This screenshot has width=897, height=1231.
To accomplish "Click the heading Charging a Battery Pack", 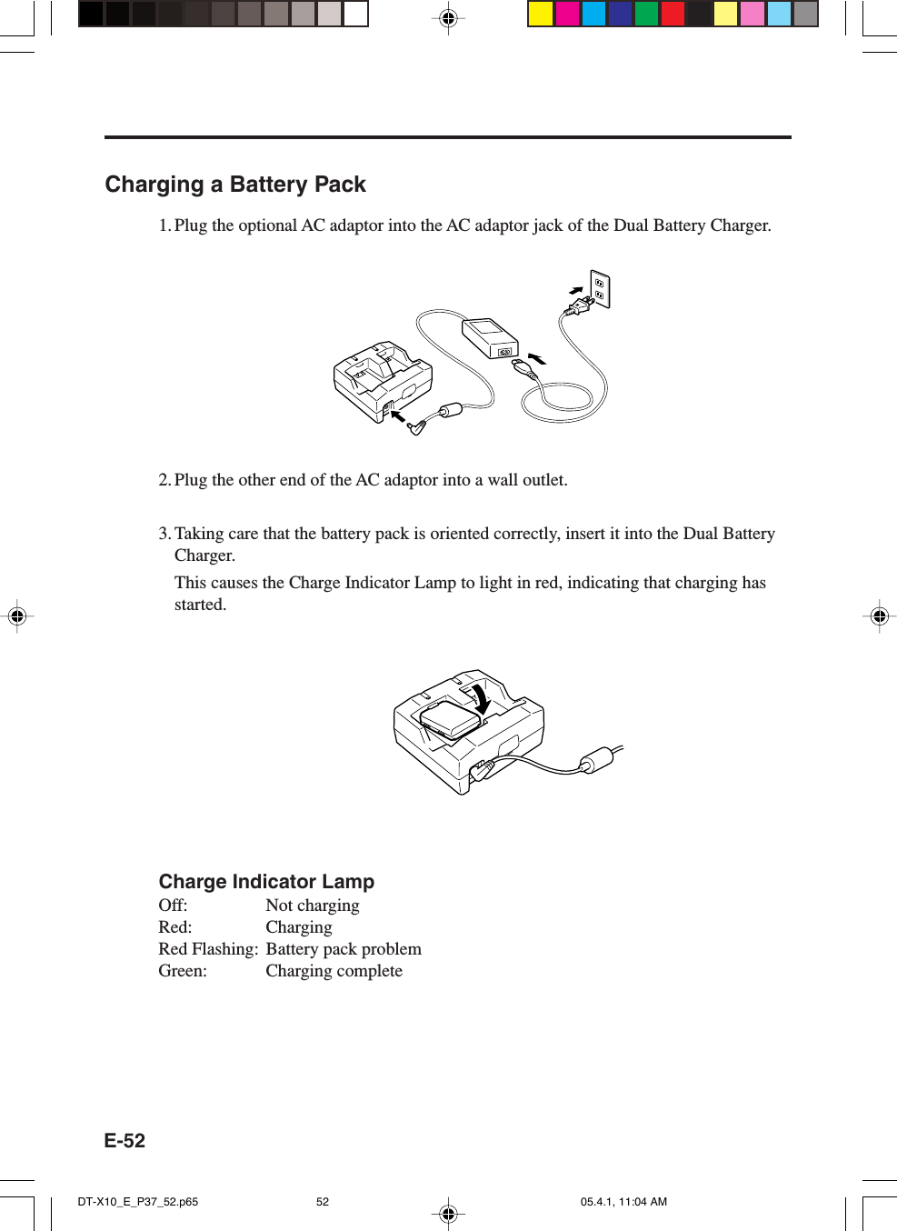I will (235, 185).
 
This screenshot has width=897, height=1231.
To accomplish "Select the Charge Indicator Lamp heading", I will (266, 882).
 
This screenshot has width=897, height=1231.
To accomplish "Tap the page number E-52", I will (125, 1141).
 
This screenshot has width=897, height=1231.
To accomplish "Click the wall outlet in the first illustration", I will (600, 288).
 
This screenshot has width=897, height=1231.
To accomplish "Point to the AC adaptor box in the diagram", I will (490, 338).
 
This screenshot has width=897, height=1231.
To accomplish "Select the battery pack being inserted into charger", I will (450, 719).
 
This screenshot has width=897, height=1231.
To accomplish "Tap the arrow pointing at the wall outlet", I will (575, 290).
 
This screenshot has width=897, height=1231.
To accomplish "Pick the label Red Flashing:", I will (208, 949).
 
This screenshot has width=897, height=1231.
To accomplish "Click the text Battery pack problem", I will (344, 949).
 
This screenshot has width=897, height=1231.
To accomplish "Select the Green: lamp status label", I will (183, 971).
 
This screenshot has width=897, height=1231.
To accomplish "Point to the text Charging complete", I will (334, 971).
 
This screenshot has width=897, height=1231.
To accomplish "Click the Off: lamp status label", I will (173, 906).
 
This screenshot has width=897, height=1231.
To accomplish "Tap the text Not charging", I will (313, 906).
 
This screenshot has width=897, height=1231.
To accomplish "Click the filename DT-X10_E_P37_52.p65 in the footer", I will (138, 1202).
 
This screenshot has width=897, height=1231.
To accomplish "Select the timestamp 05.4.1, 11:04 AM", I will (623, 1202).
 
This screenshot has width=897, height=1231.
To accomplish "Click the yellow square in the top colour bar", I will (541, 14).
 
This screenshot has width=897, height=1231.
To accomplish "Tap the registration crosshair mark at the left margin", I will (16, 616).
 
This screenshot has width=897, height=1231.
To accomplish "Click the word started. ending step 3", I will (200, 605).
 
